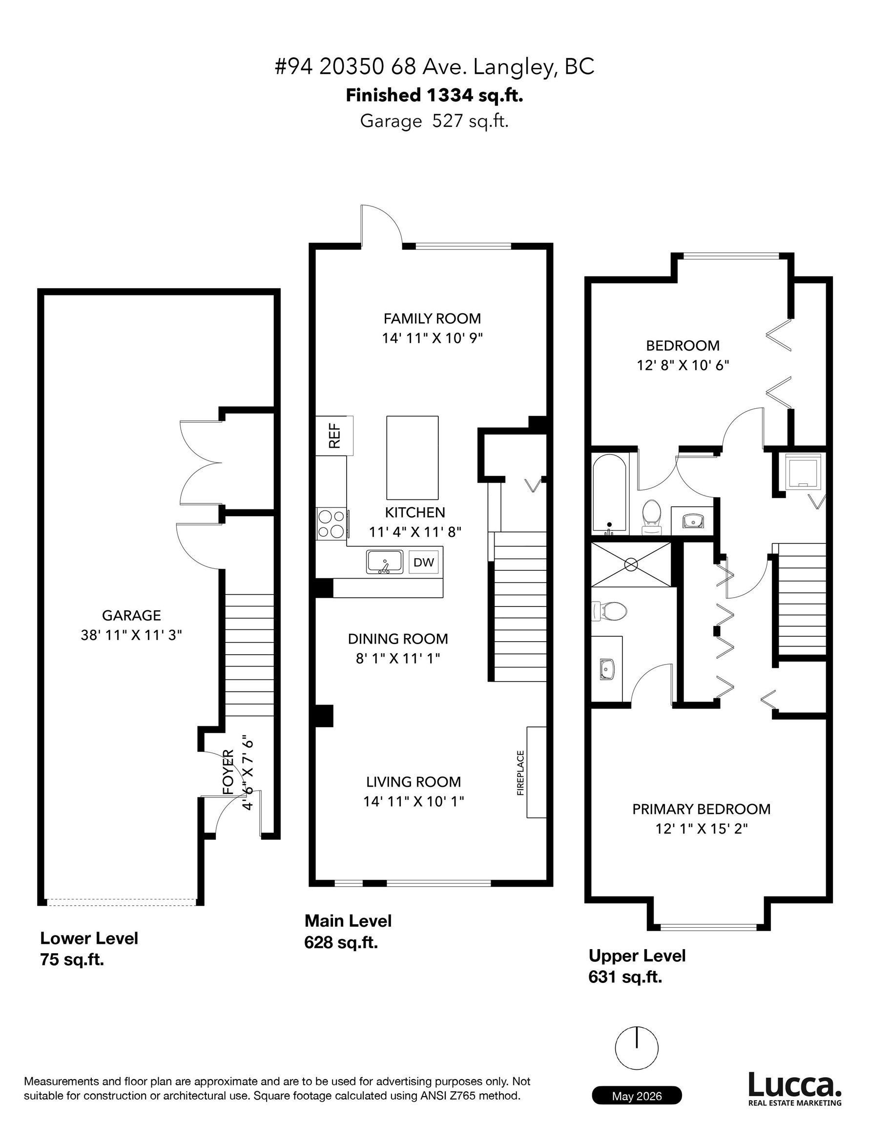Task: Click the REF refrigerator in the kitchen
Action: point(334,435)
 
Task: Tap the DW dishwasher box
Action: point(423,562)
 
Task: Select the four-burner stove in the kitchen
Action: point(331,523)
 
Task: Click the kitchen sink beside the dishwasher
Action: point(384,562)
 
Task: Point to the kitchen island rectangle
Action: point(412,458)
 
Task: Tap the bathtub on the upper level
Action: point(609,493)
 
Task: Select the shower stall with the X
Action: point(631,564)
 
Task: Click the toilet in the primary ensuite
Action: point(609,611)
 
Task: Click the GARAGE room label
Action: point(131,615)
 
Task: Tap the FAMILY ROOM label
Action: point(432,318)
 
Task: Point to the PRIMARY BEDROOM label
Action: point(701,809)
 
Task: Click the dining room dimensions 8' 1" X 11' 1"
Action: point(398,658)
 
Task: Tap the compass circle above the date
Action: point(637,1049)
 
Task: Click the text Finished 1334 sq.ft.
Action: point(434,95)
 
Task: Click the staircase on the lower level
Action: point(249,655)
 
